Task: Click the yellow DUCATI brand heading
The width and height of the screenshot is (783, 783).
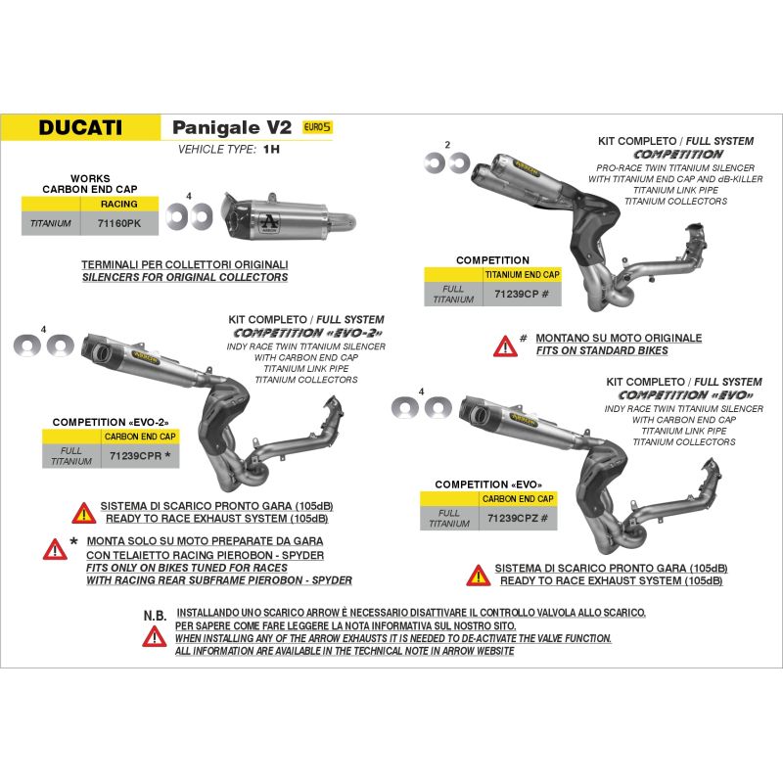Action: [x=80, y=127]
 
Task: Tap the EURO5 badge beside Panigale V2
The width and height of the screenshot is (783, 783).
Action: [x=317, y=127]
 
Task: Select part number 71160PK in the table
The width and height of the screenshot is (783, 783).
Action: [x=119, y=223]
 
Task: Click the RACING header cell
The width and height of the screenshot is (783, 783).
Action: [x=118, y=204]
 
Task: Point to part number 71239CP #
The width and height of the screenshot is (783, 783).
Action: [x=522, y=295]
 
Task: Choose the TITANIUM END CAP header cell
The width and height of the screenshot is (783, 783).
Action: [x=523, y=275]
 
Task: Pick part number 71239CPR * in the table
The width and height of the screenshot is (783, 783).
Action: [x=140, y=455]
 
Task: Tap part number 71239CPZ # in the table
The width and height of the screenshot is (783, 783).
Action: [x=518, y=519]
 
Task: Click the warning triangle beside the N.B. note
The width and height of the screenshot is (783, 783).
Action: [x=155, y=637]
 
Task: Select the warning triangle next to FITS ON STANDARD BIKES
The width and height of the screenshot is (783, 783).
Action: [x=505, y=346]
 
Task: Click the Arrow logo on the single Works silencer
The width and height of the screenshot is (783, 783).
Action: [x=270, y=222]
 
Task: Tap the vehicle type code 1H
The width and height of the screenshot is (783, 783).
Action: [x=272, y=150]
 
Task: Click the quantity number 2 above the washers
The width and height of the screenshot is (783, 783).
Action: [x=447, y=145]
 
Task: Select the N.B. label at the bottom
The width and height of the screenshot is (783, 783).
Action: [x=155, y=616]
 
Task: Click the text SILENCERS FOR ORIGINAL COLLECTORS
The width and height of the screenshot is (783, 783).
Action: [x=185, y=277]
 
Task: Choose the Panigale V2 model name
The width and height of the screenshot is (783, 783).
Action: [x=232, y=128]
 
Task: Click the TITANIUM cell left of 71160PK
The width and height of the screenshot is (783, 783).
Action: [x=51, y=223]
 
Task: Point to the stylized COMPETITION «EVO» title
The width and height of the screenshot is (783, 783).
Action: [x=686, y=395]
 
